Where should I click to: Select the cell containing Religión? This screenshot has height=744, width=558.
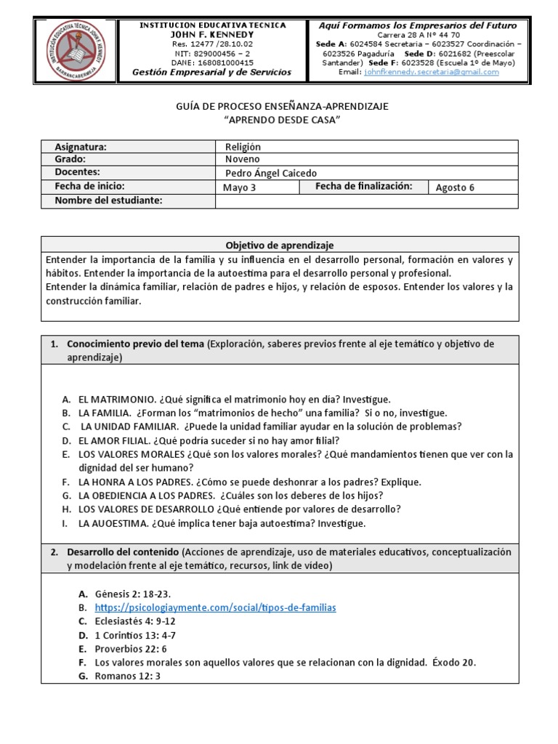243,147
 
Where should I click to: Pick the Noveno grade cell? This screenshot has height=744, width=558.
243,159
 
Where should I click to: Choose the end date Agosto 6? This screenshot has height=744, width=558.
455,187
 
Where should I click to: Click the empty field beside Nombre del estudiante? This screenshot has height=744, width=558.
367,201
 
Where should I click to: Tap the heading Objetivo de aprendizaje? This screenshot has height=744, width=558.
280,245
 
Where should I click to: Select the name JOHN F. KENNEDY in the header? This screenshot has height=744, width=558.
212,34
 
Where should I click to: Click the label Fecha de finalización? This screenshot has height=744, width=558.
363,187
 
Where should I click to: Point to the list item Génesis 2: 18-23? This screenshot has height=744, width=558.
133,594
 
